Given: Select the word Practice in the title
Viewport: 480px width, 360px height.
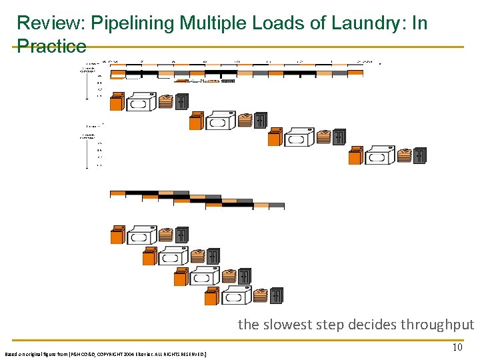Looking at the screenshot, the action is pyautogui.click(x=51, y=46).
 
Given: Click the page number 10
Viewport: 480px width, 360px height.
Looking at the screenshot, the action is pyautogui.click(x=457, y=347).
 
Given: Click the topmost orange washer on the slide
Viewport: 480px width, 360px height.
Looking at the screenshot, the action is pyautogui.click(x=117, y=102).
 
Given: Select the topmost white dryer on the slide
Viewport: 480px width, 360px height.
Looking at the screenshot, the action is pyautogui.click(x=141, y=103).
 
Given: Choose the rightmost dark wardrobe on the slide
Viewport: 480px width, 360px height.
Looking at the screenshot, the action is pyautogui.click(x=419, y=155).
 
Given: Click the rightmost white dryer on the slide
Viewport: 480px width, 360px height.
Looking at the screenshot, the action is pyautogui.click(x=380, y=156).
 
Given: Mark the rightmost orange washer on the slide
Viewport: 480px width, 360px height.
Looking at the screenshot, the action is pyautogui.click(x=355, y=155).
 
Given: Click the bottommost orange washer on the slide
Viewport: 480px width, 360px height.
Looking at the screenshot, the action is pyautogui.click(x=212, y=296).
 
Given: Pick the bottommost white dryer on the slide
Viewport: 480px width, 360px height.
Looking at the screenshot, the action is pyautogui.click(x=236, y=295).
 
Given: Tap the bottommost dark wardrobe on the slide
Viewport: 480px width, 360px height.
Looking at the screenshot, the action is pyautogui.click(x=277, y=295).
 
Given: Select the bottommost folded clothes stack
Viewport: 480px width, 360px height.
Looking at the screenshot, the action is pyautogui.click(x=261, y=295).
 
